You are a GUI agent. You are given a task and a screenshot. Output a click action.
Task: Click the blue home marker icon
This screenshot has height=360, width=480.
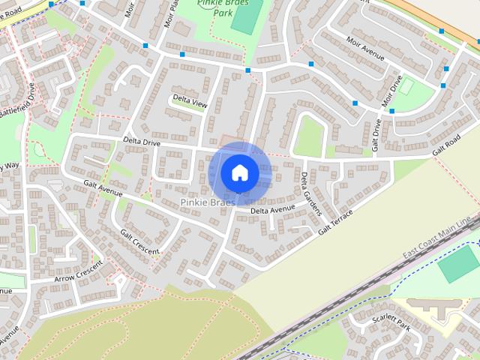tap(239, 173)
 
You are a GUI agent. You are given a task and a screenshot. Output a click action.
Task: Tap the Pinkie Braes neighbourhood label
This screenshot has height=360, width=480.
tap(207, 203)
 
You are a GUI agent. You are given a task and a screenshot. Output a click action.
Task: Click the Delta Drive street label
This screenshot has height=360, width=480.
tap(142, 142)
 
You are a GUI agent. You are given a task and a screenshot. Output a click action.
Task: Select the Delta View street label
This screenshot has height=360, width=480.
tap(189, 101)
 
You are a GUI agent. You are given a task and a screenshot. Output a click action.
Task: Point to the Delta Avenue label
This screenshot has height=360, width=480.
tap(273, 211)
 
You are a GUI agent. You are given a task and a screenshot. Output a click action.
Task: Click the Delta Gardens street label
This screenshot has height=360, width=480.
tap(310, 194)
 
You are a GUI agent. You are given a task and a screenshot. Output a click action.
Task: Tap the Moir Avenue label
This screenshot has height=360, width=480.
tap(365, 51)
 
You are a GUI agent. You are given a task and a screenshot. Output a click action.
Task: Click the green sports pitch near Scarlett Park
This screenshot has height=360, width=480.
tap(458, 263)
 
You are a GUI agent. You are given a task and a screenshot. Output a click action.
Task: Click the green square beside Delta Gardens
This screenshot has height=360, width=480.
tap(308, 137)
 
